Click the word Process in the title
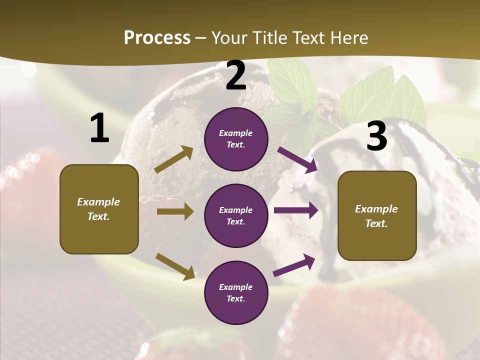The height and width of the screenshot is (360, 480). click(x=157, y=38)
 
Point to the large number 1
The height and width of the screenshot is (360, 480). click(x=99, y=128)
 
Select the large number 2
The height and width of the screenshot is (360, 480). click(x=236, y=75)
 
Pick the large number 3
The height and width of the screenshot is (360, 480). click(x=376, y=136)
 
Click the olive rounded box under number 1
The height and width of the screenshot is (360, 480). click(x=99, y=209)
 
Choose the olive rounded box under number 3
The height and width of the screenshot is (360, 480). click(x=377, y=215)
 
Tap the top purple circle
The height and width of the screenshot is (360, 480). click(x=236, y=139)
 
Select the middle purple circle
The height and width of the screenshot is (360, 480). click(x=236, y=215)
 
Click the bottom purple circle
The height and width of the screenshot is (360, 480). click(x=236, y=292)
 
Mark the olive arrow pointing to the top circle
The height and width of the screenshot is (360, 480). click(x=174, y=159)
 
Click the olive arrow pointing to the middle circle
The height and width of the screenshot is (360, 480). click(x=175, y=211)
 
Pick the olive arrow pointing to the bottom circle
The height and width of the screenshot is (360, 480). click(x=175, y=266)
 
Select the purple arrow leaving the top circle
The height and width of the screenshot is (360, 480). click(x=297, y=160)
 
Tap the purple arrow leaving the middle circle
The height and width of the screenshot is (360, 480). click(x=296, y=210)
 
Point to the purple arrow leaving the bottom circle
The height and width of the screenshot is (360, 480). click(x=294, y=265)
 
